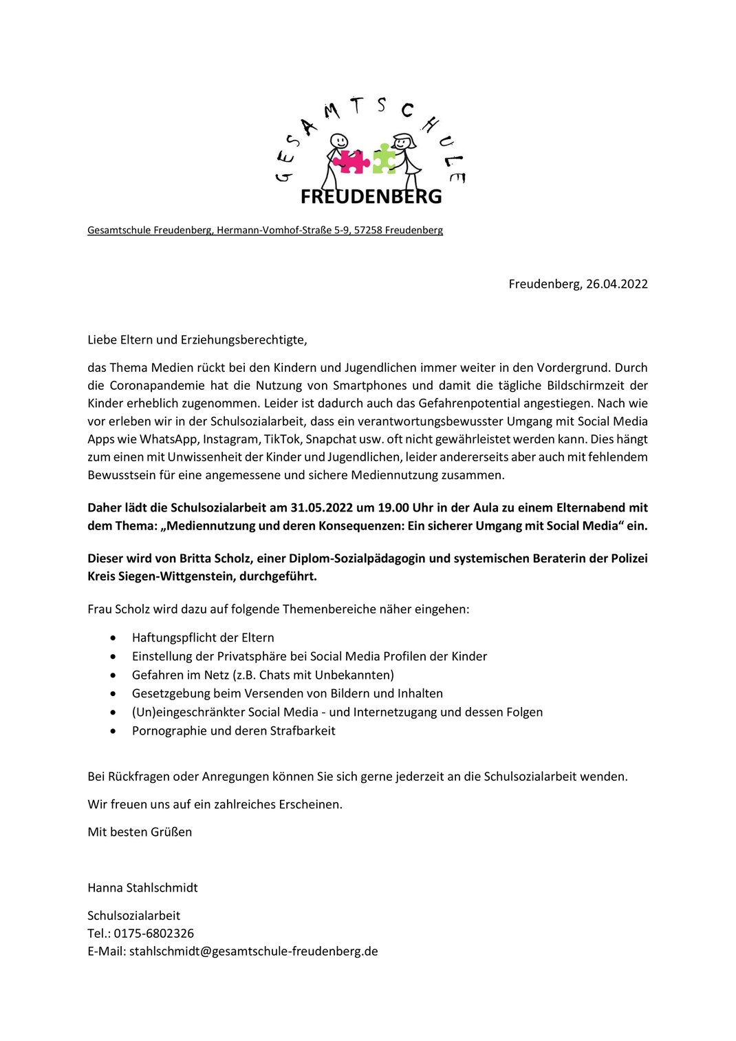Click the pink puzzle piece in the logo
(x=351, y=161)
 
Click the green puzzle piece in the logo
(x=384, y=158)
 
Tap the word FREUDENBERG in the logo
(x=371, y=197)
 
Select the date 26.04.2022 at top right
(x=617, y=284)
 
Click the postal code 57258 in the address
(x=368, y=230)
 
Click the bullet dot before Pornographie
(x=113, y=731)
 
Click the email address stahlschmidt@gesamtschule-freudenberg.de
(x=254, y=951)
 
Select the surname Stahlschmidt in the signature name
(x=162, y=887)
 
